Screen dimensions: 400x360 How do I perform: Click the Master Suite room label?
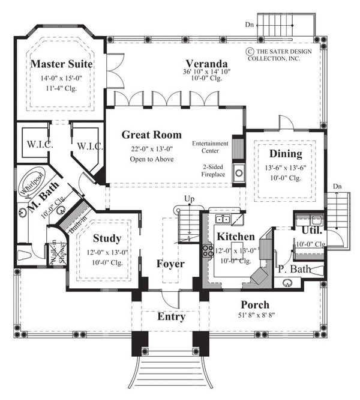[x=62, y=63]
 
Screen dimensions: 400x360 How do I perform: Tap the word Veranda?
[x=206, y=63]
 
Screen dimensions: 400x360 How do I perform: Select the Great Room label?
[x=151, y=135]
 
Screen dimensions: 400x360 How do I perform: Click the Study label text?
[x=107, y=238]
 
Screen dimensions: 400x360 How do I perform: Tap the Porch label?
[x=255, y=305]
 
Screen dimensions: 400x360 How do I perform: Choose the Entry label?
[x=171, y=317]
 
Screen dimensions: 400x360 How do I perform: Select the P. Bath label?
[x=294, y=269]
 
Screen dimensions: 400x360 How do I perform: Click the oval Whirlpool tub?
[x=29, y=181]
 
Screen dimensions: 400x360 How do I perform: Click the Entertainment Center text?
[x=211, y=147]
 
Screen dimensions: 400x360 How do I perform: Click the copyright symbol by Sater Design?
[x=248, y=52]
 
